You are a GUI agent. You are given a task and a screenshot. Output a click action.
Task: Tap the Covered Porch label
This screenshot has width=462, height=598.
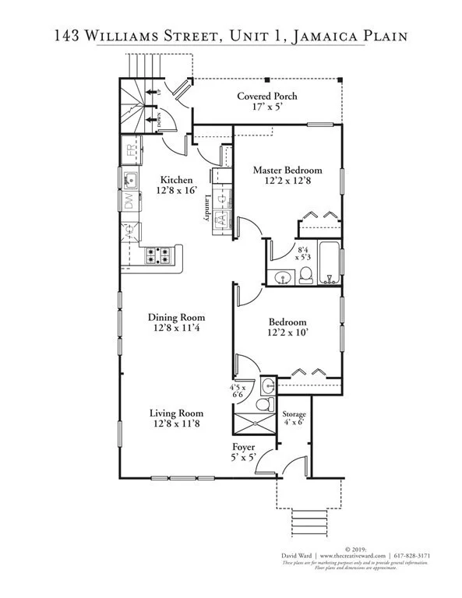tap(267, 97)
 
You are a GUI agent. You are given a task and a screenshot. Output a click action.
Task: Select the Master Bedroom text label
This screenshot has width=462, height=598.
tap(287, 170)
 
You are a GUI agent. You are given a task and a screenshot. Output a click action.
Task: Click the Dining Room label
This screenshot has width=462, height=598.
tap(176, 317)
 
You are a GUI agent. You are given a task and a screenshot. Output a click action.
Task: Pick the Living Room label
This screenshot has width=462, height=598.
tap(177, 413)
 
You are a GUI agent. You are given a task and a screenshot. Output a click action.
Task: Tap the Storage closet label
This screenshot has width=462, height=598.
tap(294, 414)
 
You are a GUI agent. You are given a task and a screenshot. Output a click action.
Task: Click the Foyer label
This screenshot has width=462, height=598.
tap(244, 447)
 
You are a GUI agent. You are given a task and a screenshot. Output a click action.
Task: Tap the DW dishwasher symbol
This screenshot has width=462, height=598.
tap(129, 202)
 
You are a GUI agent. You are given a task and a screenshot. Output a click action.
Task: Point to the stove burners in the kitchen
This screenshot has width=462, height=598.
tap(157, 254)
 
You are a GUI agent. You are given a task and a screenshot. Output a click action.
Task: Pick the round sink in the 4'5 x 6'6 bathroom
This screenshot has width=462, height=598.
tap(267, 385)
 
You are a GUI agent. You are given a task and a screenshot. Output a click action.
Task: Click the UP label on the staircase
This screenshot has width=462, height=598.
tap(159, 92)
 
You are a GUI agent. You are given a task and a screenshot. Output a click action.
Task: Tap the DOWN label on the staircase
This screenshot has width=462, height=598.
tap(158, 119)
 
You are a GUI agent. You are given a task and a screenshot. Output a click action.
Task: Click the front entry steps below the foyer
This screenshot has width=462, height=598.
tap(309, 519)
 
